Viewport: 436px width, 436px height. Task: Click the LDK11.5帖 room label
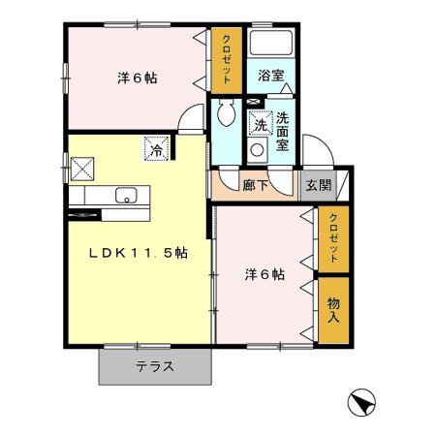(x=139, y=253)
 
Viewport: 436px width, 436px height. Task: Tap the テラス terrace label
(x=155, y=367)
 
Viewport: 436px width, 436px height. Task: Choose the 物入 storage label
(x=333, y=309)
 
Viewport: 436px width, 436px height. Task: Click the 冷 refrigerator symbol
(x=155, y=150)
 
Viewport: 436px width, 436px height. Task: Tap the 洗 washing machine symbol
(x=260, y=124)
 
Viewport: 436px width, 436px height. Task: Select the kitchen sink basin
(x=125, y=197)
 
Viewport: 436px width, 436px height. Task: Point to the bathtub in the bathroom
(x=270, y=45)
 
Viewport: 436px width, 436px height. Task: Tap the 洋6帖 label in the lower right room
(x=264, y=274)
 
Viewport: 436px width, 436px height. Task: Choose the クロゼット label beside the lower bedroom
(x=333, y=237)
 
